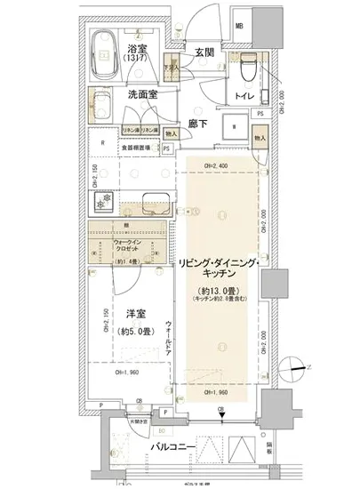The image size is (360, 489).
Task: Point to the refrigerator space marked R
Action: coord(105,141)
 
